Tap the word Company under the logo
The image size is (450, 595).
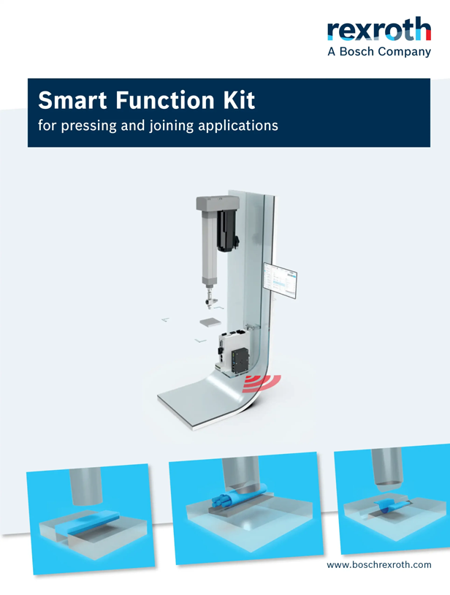pos(404,53)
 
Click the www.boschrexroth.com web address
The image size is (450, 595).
pos(378,564)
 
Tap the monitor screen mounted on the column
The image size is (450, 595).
pos(280,282)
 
